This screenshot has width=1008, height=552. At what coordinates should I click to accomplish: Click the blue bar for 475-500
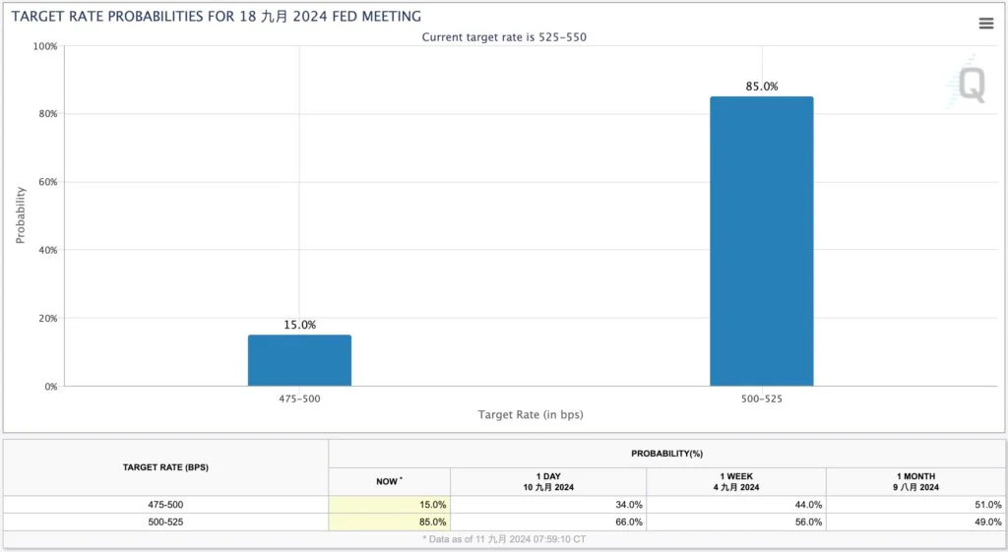coord(299,360)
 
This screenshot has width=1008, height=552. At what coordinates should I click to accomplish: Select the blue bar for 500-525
coord(761,241)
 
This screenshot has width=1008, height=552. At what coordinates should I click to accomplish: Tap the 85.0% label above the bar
coord(761,87)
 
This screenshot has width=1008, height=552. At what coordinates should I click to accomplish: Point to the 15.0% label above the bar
coord(299,325)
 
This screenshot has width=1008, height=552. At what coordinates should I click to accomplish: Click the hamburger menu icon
coord(985,24)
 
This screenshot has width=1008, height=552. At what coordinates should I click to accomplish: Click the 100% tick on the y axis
coord(44,46)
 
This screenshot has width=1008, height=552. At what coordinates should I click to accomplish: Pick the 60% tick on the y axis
coord(44,182)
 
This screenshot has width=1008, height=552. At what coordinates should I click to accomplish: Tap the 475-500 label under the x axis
coord(299,399)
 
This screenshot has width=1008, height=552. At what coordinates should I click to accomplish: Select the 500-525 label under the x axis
coord(761,399)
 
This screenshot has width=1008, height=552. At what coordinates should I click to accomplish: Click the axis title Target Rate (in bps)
coord(530,415)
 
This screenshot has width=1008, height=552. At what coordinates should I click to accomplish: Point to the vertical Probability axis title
coord(21,215)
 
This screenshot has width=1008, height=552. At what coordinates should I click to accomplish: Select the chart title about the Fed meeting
coord(216,16)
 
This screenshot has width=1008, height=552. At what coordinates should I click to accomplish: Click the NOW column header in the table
coord(389,481)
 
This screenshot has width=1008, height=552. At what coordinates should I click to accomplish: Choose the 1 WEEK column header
coord(735,481)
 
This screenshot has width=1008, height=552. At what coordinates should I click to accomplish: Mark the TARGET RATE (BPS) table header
coord(165,467)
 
